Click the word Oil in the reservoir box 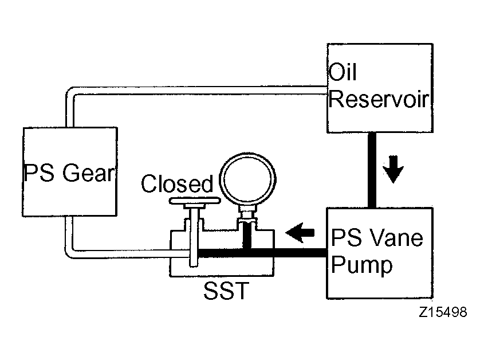(x=343, y=72)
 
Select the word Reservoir (x=379, y=99)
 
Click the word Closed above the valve (x=177, y=183)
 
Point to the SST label (x=226, y=291)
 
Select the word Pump (x=361, y=265)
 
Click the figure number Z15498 (x=443, y=312)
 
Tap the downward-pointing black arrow (x=393, y=169)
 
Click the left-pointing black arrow (x=300, y=233)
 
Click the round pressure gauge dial (x=248, y=179)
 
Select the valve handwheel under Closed (x=195, y=201)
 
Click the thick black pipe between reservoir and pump (x=372, y=170)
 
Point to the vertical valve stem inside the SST (x=194, y=237)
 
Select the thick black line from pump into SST (x=262, y=253)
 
